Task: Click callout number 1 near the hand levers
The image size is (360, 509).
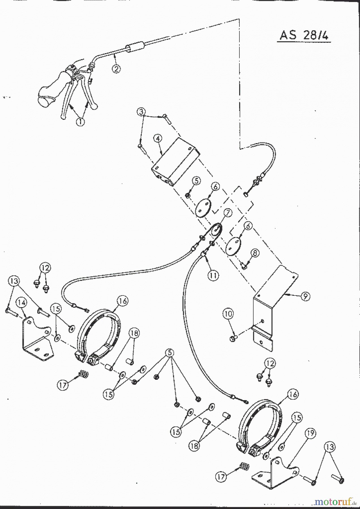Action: pyautogui.click(x=80, y=122)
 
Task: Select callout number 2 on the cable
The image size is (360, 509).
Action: pyautogui.click(x=116, y=69)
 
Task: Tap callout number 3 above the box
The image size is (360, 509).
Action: pyautogui.click(x=142, y=111)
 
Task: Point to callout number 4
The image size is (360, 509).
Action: pyautogui.click(x=158, y=139)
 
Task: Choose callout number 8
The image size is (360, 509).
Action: pyautogui.click(x=255, y=253)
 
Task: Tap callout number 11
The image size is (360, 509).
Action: pyautogui.click(x=213, y=275)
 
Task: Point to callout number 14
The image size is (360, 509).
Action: pyautogui.click(x=22, y=303)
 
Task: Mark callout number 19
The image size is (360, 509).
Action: pyautogui.click(x=310, y=433)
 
